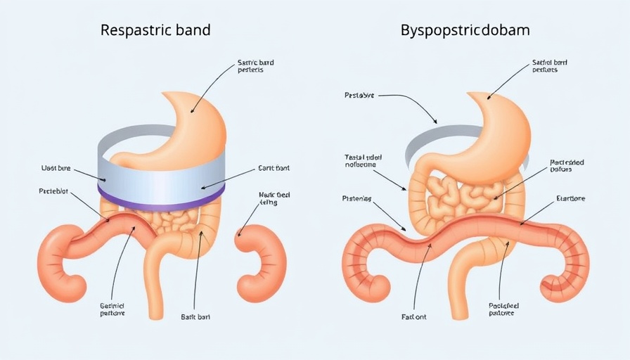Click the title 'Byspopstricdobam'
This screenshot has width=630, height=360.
click(465, 31)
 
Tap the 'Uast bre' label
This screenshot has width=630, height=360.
click(56, 169)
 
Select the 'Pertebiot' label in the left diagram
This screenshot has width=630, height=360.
click(54, 191)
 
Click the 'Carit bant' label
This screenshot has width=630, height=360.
click(274, 169)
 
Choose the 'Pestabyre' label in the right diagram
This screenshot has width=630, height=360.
click(360, 94)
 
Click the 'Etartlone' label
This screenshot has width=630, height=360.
click(570, 199)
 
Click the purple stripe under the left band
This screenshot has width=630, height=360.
click(162, 196)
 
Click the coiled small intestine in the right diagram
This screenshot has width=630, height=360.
click(461, 193)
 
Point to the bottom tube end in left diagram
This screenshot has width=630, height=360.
click(156, 309)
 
